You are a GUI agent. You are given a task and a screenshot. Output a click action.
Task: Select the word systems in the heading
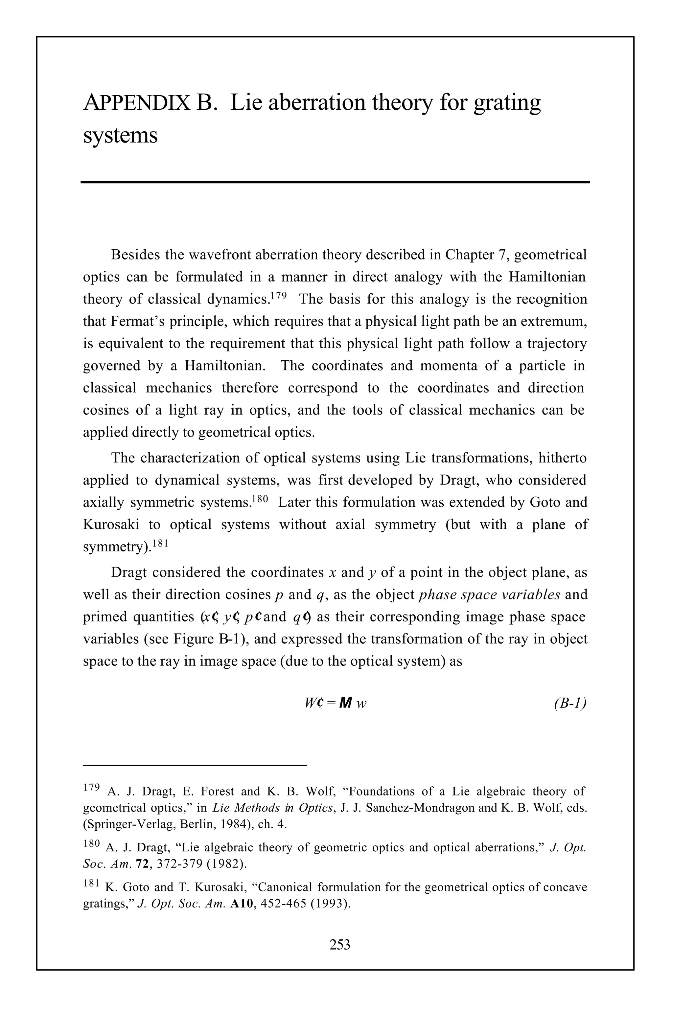click(120, 136)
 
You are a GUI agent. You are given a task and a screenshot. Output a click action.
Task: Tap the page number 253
click(339, 944)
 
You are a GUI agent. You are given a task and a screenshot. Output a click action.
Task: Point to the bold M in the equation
click(345, 703)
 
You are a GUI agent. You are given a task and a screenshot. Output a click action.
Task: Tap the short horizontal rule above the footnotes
click(195, 765)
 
